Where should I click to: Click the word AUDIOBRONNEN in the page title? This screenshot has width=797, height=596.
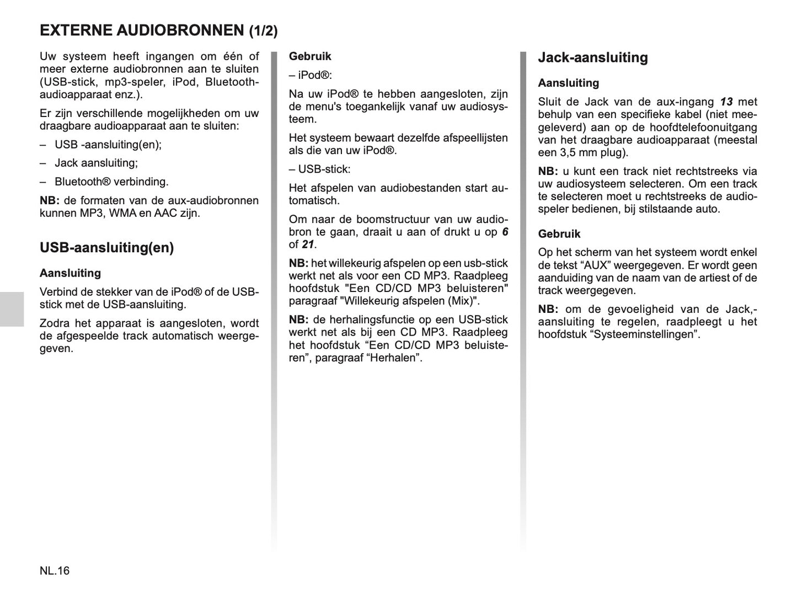(180, 30)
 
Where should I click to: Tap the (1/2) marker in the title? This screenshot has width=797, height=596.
(263, 31)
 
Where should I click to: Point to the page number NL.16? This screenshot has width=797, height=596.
(55, 571)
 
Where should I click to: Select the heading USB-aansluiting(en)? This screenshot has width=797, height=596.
(106, 248)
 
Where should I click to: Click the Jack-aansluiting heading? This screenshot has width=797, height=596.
(593, 57)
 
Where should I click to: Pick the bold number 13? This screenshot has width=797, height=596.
(726, 102)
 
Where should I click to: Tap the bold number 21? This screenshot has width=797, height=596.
(308, 244)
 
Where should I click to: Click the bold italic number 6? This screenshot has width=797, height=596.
(505, 232)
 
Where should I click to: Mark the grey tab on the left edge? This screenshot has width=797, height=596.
(12, 309)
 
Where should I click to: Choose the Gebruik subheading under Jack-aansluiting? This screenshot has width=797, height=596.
(559, 234)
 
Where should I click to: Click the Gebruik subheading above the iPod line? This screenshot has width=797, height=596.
(310, 56)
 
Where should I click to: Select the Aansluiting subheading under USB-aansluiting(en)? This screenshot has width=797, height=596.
(70, 273)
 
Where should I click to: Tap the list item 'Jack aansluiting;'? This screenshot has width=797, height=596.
(96, 163)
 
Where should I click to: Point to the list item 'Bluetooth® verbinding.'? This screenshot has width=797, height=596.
(111, 182)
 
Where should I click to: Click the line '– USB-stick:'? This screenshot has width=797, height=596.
(320, 169)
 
